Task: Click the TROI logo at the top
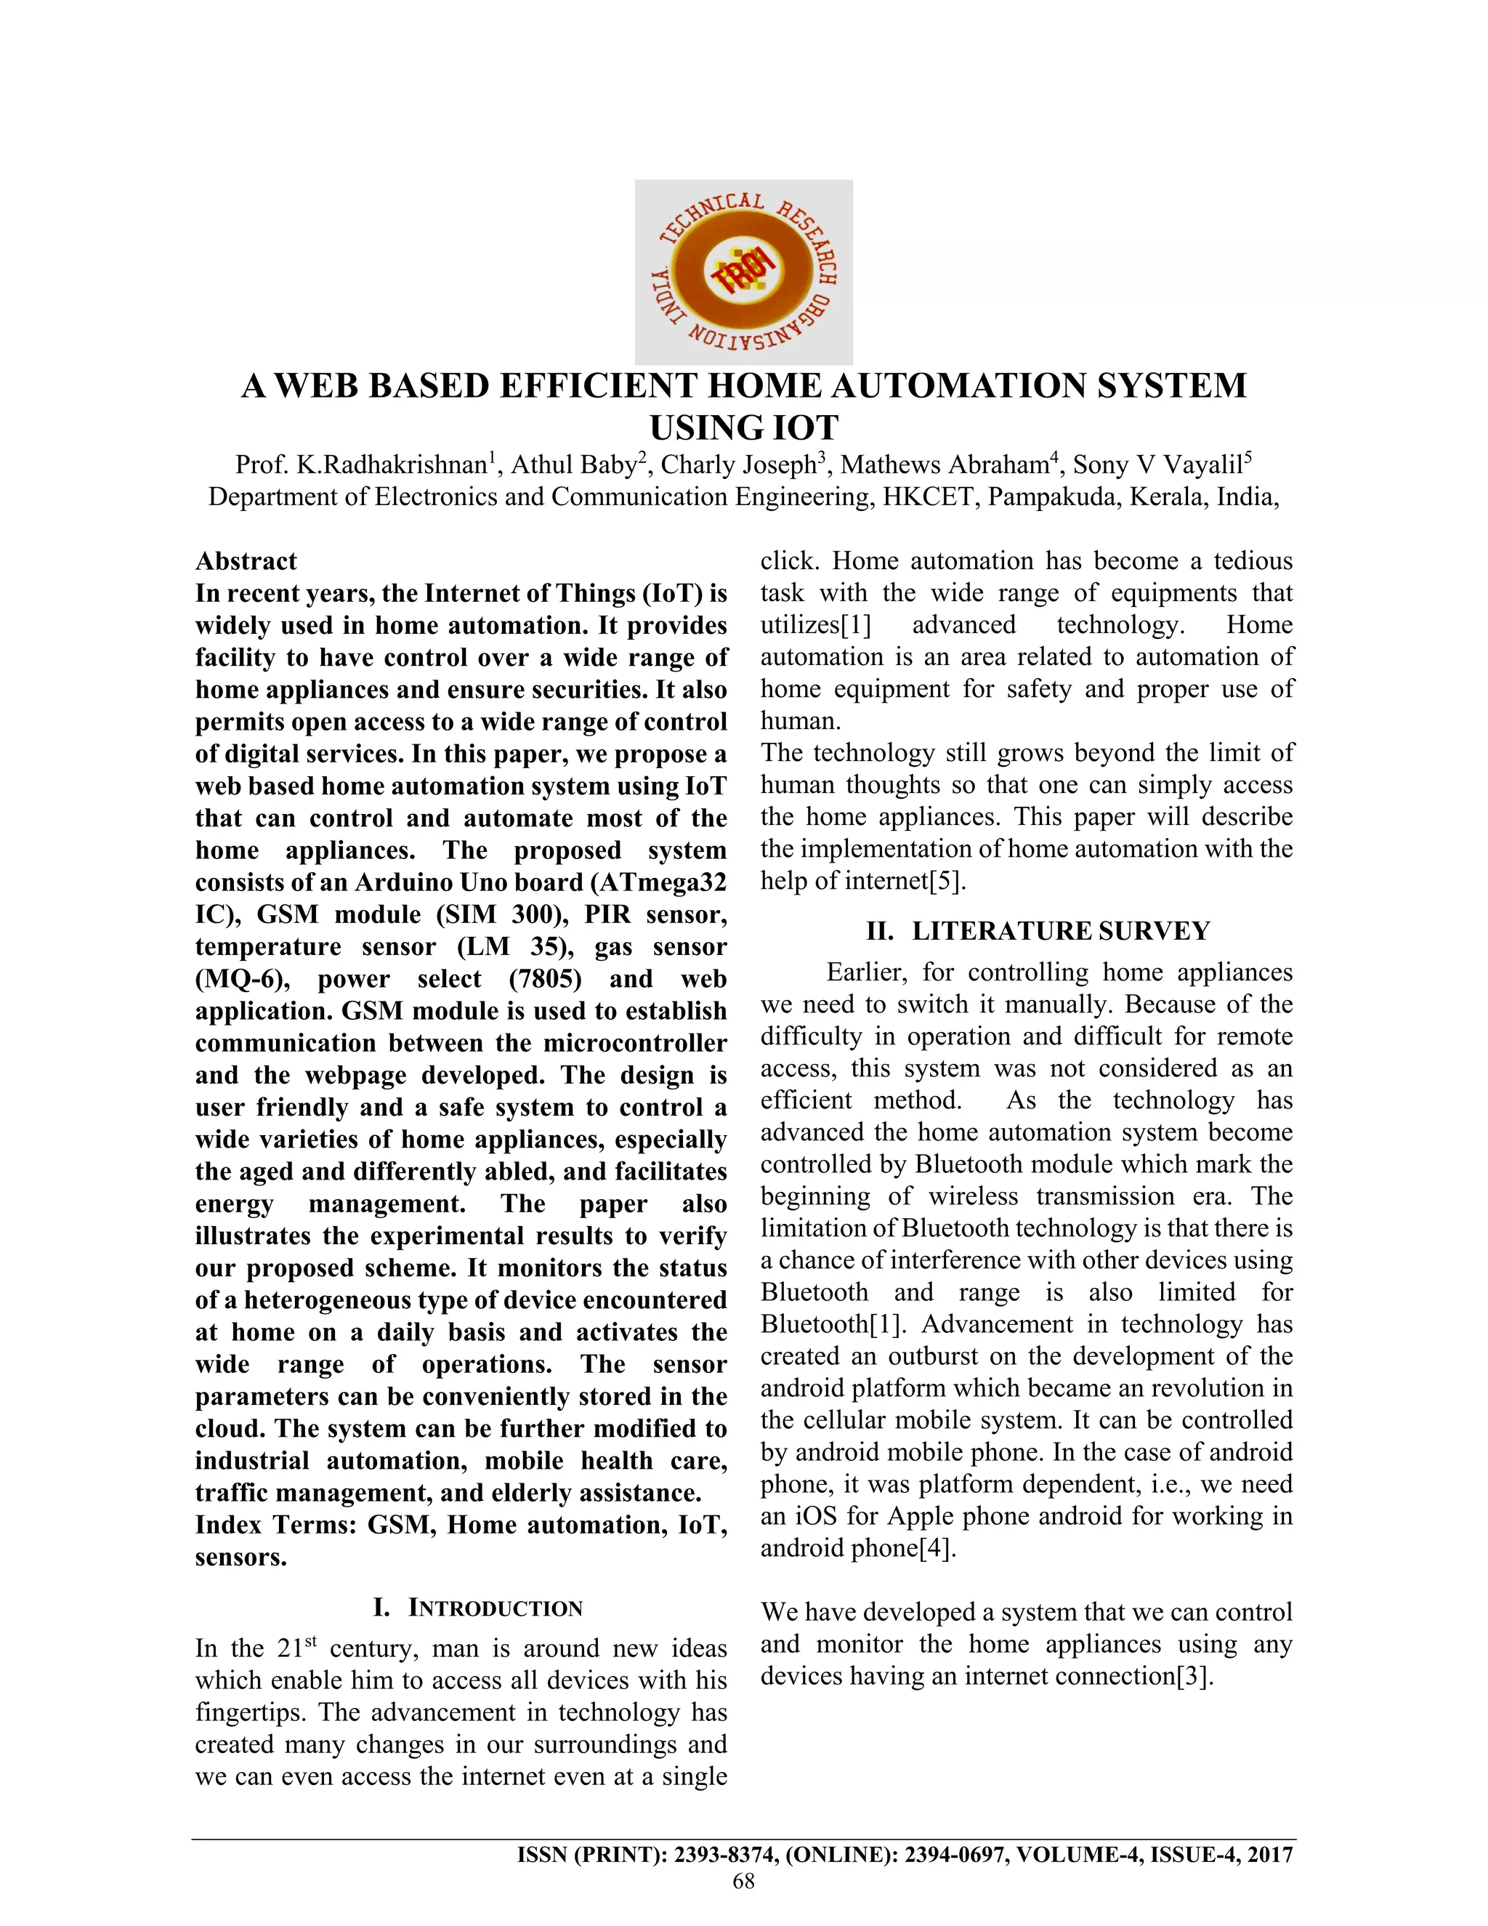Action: click(743, 272)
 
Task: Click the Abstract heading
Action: click(246, 561)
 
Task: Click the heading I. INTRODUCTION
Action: click(478, 1608)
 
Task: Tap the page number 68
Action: click(743, 1881)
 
